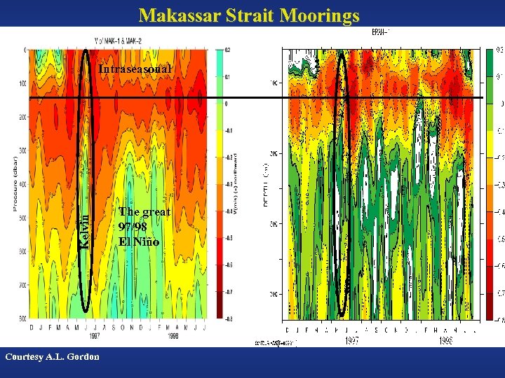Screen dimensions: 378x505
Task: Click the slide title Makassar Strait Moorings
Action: (x=249, y=15)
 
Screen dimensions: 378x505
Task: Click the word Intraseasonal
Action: (x=135, y=69)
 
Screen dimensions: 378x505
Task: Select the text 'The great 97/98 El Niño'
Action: (x=144, y=226)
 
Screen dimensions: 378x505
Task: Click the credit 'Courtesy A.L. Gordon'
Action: (x=52, y=356)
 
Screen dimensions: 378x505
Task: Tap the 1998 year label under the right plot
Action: (x=447, y=340)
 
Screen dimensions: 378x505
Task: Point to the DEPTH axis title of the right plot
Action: (x=267, y=189)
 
